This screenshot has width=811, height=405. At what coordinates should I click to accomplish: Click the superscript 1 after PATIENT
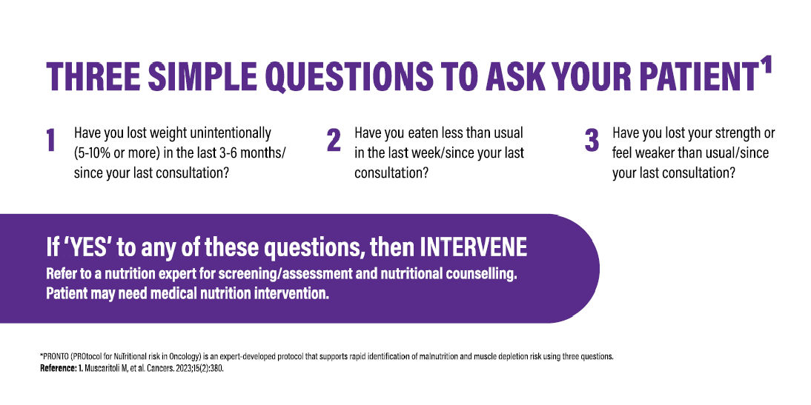click(765, 65)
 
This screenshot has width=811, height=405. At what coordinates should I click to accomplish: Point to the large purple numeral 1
click(51, 141)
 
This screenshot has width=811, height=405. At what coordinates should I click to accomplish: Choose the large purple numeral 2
click(334, 141)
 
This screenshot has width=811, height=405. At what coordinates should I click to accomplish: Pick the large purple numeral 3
click(592, 141)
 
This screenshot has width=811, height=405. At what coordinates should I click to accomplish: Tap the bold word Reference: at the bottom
click(60, 368)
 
